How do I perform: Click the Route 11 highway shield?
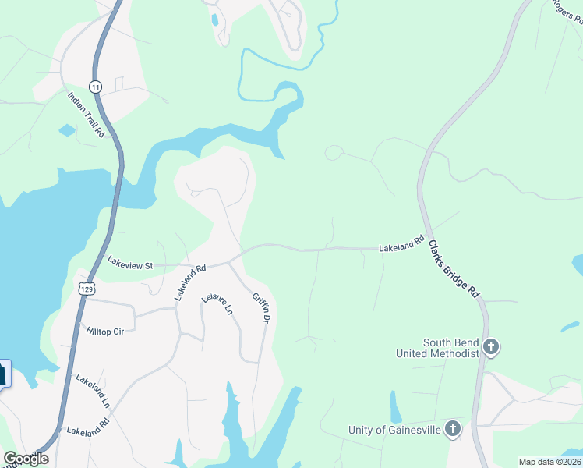click(94, 86)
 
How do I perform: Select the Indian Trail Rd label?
click(87, 114)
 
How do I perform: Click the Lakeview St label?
click(130, 264)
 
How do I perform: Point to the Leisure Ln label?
click(217, 304)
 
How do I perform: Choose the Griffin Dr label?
click(261, 308)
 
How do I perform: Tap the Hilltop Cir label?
click(105, 331)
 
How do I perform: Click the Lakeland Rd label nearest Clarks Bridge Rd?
click(401, 245)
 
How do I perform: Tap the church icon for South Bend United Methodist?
click(490, 347)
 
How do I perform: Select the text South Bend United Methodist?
click(450, 348)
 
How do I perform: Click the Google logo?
click(26, 459)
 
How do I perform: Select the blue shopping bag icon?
click(2, 373)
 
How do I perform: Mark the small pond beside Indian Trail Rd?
click(67, 130)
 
